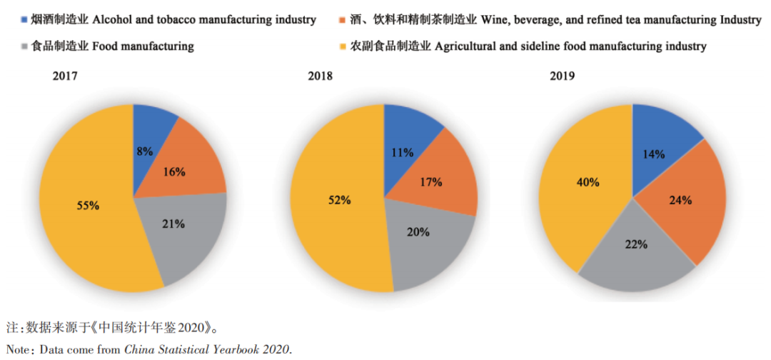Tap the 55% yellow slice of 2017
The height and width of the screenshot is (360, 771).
click(88, 206)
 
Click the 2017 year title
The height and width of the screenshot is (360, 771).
click(65, 76)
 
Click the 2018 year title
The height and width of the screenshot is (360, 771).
click(319, 76)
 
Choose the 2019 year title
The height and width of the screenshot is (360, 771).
click(563, 76)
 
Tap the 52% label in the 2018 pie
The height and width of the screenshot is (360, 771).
click(339, 200)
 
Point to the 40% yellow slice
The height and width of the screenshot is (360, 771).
click(588, 182)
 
